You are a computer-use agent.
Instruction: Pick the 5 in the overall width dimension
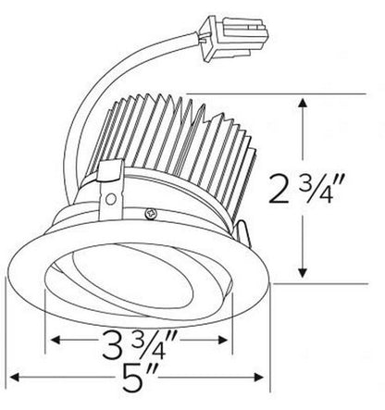pos(137,376)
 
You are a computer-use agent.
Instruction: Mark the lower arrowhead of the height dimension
pos(301,274)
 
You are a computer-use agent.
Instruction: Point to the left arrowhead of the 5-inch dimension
pos(13,378)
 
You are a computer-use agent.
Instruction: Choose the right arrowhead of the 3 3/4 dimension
pos(228,339)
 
